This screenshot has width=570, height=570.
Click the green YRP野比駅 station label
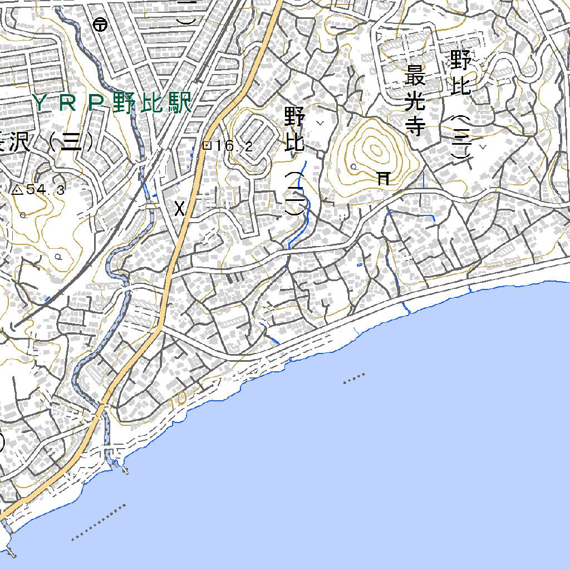click(x=112, y=103)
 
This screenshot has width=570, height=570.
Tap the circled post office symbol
click(x=100, y=24)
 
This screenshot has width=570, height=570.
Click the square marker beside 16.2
click(x=207, y=145)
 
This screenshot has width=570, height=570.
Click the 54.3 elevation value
click(x=46, y=190)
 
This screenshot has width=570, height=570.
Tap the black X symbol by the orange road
click(x=179, y=209)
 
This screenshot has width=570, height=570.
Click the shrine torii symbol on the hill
click(x=384, y=178)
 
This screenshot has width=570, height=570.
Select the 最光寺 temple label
click(x=415, y=100)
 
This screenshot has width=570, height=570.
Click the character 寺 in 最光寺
click(x=415, y=126)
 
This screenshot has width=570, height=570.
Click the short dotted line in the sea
click(x=354, y=379)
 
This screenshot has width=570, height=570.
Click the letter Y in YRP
click(x=40, y=103)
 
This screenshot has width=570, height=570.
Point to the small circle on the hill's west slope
click(x=353, y=166)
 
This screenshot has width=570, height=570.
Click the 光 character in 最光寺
click(x=415, y=101)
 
